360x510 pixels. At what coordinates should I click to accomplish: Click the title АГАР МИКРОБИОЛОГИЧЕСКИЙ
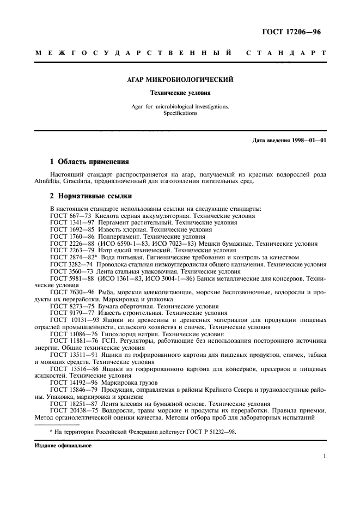pyautogui.click(x=180, y=80)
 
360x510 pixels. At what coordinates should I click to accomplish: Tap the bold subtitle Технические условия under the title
pyautogui.click(x=180, y=93)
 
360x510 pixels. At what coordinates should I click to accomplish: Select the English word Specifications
pyautogui.click(x=180, y=113)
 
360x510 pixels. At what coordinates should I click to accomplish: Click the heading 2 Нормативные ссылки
pyautogui.click(x=89, y=196)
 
